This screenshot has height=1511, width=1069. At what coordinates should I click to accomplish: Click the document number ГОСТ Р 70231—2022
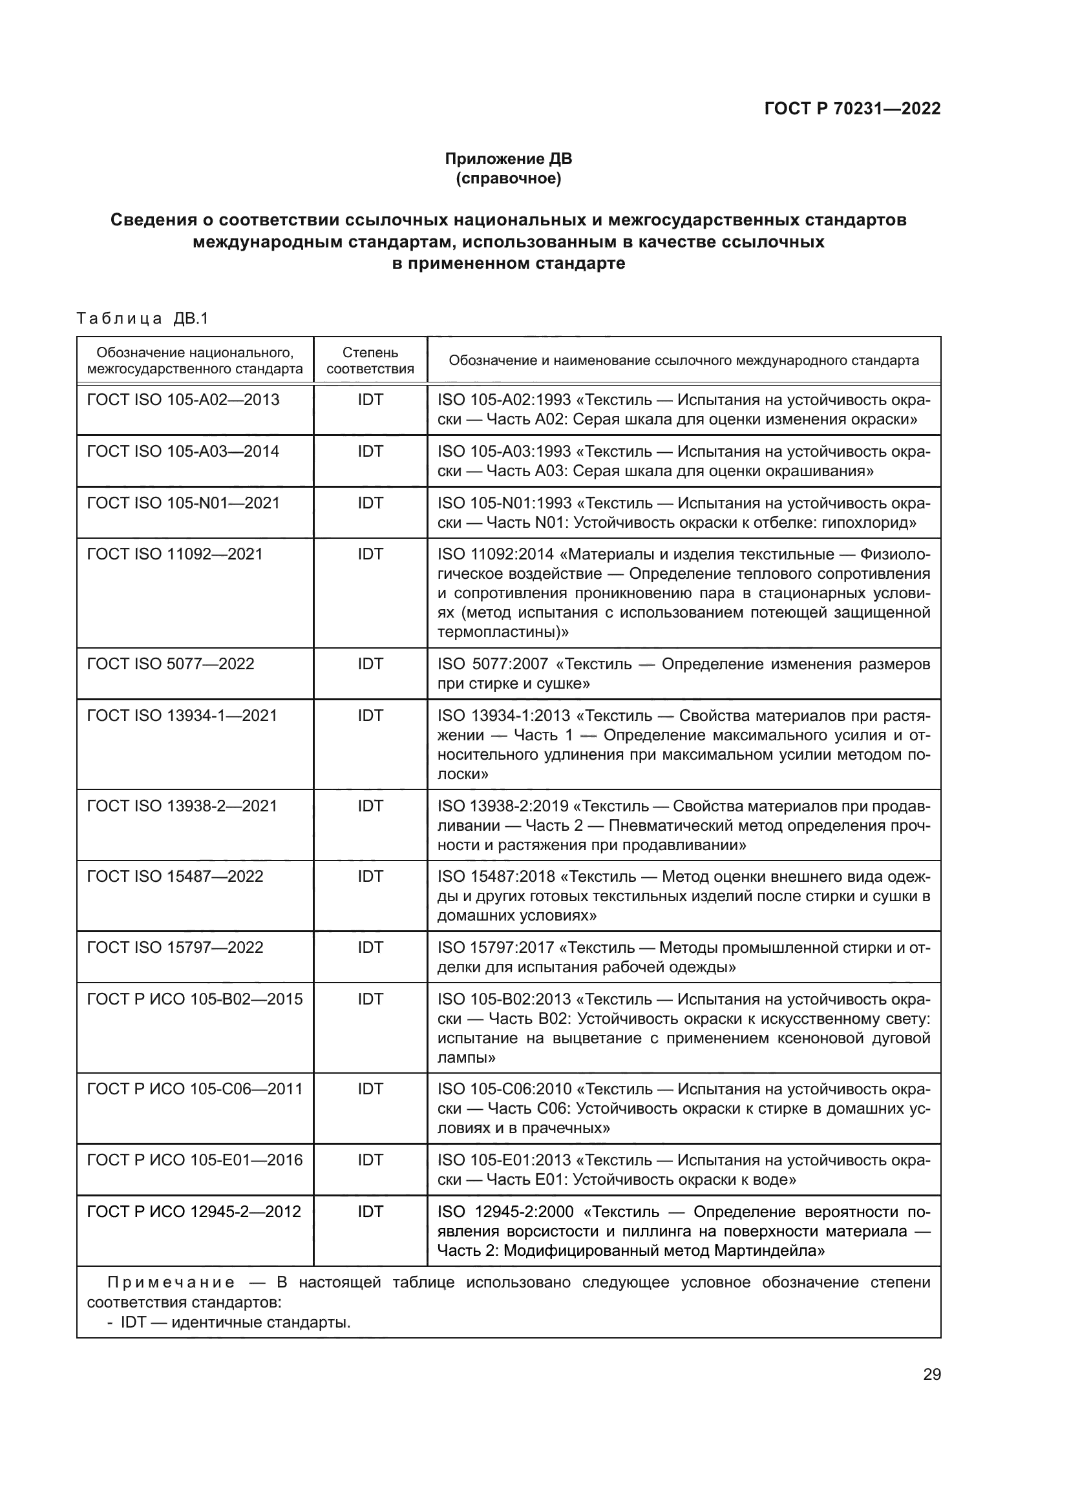pyautogui.click(x=852, y=109)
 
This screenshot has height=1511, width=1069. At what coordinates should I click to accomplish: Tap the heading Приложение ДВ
pyautogui.click(x=508, y=159)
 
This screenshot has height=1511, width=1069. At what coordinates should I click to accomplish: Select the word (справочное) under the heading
pyautogui.click(x=508, y=178)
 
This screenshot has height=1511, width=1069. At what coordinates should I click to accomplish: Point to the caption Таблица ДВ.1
pyautogui.click(x=142, y=318)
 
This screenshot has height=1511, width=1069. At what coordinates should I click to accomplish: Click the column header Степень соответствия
pyautogui.click(x=370, y=360)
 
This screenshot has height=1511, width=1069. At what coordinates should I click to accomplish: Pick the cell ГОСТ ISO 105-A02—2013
pyautogui.click(x=183, y=399)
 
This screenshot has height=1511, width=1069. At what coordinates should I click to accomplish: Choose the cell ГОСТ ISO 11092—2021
pyautogui.click(x=175, y=554)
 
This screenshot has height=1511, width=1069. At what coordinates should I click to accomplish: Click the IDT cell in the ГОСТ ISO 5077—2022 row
pyautogui.click(x=370, y=663)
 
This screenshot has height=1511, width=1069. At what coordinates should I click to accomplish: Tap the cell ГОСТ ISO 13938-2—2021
pyautogui.click(x=182, y=806)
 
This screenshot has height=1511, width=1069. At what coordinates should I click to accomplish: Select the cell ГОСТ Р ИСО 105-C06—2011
pyautogui.click(x=194, y=1089)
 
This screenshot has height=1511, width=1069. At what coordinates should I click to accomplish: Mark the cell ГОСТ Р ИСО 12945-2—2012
pyautogui.click(x=193, y=1211)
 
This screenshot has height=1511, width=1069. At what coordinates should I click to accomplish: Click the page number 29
pyautogui.click(x=931, y=1374)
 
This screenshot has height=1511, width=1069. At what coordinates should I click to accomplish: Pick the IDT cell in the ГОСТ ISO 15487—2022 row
pyautogui.click(x=370, y=876)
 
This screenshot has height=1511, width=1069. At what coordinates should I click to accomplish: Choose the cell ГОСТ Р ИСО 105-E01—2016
pyautogui.click(x=194, y=1160)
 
